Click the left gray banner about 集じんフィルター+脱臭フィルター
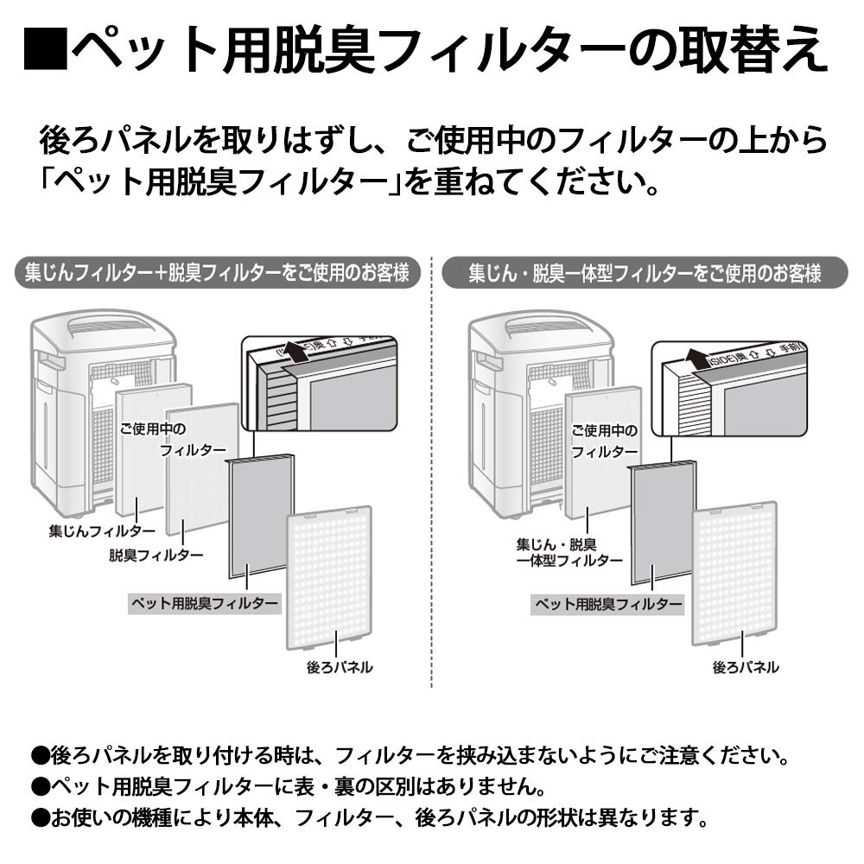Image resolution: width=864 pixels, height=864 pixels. click(212, 273)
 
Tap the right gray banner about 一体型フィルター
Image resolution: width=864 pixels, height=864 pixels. click(644, 273)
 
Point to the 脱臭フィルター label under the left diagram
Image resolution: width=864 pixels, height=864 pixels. click(156, 554)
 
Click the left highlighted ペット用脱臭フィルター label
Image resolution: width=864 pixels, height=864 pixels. click(204, 602)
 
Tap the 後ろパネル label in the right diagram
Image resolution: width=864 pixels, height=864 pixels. click(745, 667)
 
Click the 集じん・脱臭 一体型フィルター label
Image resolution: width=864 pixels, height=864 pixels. click(569, 552)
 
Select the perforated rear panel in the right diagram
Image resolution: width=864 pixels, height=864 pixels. click(734, 575)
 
